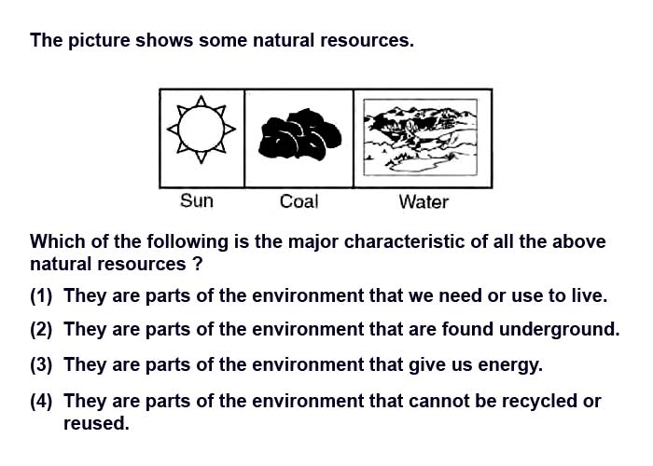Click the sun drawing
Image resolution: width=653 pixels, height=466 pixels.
click(x=201, y=129)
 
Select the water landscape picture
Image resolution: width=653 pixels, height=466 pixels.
click(x=420, y=137)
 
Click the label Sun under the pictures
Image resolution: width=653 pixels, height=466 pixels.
click(x=197, y=201)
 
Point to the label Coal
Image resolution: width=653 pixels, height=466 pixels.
click(x=299, y=202)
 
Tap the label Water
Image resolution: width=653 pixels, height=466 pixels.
click(x=424, y=202)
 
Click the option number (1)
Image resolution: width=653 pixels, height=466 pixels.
click(x=41, y=295)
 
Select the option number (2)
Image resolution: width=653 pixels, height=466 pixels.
click(x=41, y=329)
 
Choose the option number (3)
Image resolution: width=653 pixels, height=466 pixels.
click(x=41, y=364)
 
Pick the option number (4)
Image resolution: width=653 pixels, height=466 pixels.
click(x=41, y=401)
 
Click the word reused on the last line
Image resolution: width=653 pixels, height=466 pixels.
click(x=96, y=423)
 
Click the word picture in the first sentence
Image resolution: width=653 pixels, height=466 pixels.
click(x=99, y=41)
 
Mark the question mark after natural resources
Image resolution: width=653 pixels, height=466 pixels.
click(x=198, y=264)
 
